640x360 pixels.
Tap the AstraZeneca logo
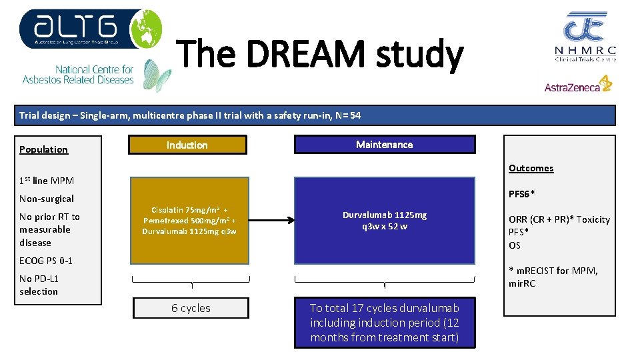[578, 85]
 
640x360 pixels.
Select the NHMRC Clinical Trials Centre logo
[585, 37]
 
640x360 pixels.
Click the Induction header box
[187, 145]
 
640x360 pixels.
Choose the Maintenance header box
[385, 145]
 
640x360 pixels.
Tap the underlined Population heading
[44, 149]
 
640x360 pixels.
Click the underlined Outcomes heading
[531, 168]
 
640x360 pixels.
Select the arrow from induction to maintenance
[271, 219]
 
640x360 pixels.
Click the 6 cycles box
[191, 308]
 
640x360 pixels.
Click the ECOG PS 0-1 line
[46, 261]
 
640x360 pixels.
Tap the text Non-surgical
[47, 199]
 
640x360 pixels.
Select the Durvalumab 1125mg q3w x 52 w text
[385, 220]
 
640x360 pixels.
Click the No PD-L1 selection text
[39, 285]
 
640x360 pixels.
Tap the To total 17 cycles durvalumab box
[385, 323]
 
